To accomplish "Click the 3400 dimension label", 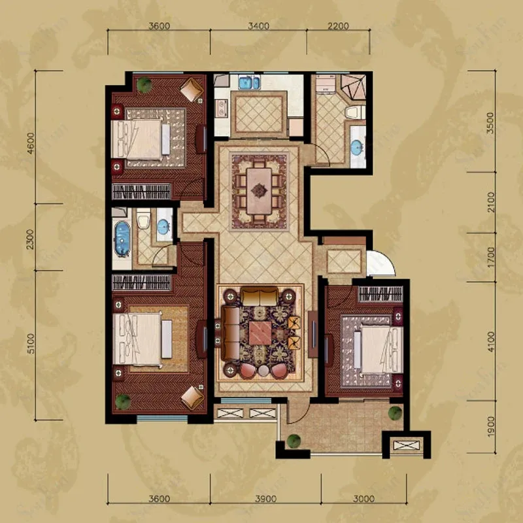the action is [258, 25].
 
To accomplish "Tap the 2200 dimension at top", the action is [338, 25].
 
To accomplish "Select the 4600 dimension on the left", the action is [31, 143].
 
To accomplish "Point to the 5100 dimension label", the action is [31, 344].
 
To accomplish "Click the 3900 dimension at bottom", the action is [266, 499].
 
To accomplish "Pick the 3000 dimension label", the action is [364, 499].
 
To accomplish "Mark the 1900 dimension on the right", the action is [490, 427].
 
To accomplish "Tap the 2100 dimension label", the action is [490, 202].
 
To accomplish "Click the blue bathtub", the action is [122, 239].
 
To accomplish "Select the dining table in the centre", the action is [259, 192].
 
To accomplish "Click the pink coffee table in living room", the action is [260, 333].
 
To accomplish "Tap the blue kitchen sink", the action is [249, 82].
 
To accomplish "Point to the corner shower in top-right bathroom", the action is [353, 87].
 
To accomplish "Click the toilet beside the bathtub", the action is [143, 219].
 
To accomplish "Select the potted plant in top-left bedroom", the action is [144, 85].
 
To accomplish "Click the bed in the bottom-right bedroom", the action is [379, 350].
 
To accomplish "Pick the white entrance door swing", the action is [381, 263].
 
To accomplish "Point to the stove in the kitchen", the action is [221, 108].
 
